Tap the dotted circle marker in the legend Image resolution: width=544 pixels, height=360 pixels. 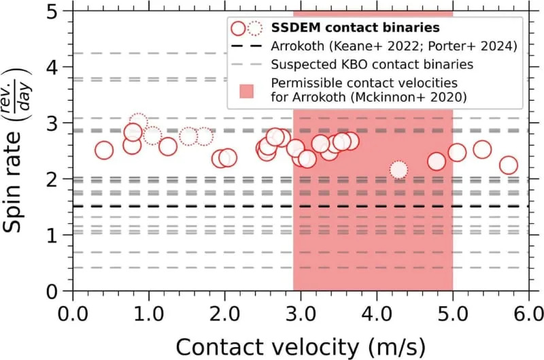(255, 29)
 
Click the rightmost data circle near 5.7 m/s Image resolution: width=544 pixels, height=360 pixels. (508, 165)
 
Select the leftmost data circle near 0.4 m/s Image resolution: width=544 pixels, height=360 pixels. (103, 150)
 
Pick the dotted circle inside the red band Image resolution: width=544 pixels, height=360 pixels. (398, 169)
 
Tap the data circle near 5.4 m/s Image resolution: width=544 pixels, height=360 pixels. (482, 150)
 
